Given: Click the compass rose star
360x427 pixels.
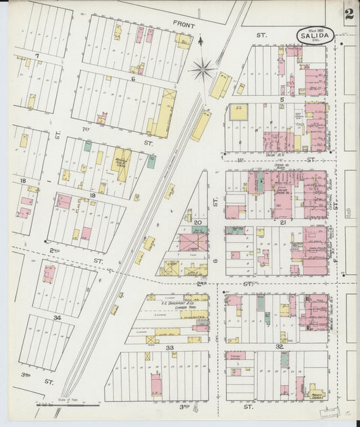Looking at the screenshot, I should [x=202, y=68].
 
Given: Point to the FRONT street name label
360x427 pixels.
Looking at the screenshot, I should [x=183, y=24].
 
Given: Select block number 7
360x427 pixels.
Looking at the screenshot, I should [x=37, y=55].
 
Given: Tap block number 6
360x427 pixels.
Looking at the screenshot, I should [x=133, y=79].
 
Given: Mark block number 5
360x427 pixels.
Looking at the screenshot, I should [x=282, y=99].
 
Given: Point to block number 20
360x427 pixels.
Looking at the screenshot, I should [x=197, y=222].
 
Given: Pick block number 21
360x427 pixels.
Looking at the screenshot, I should [x=284, y=222].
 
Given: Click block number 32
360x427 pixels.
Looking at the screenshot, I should [x=279, y=346].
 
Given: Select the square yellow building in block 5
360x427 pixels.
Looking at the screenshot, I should [x=238, y=111].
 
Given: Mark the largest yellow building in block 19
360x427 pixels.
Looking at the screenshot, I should [x=121, y=164].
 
